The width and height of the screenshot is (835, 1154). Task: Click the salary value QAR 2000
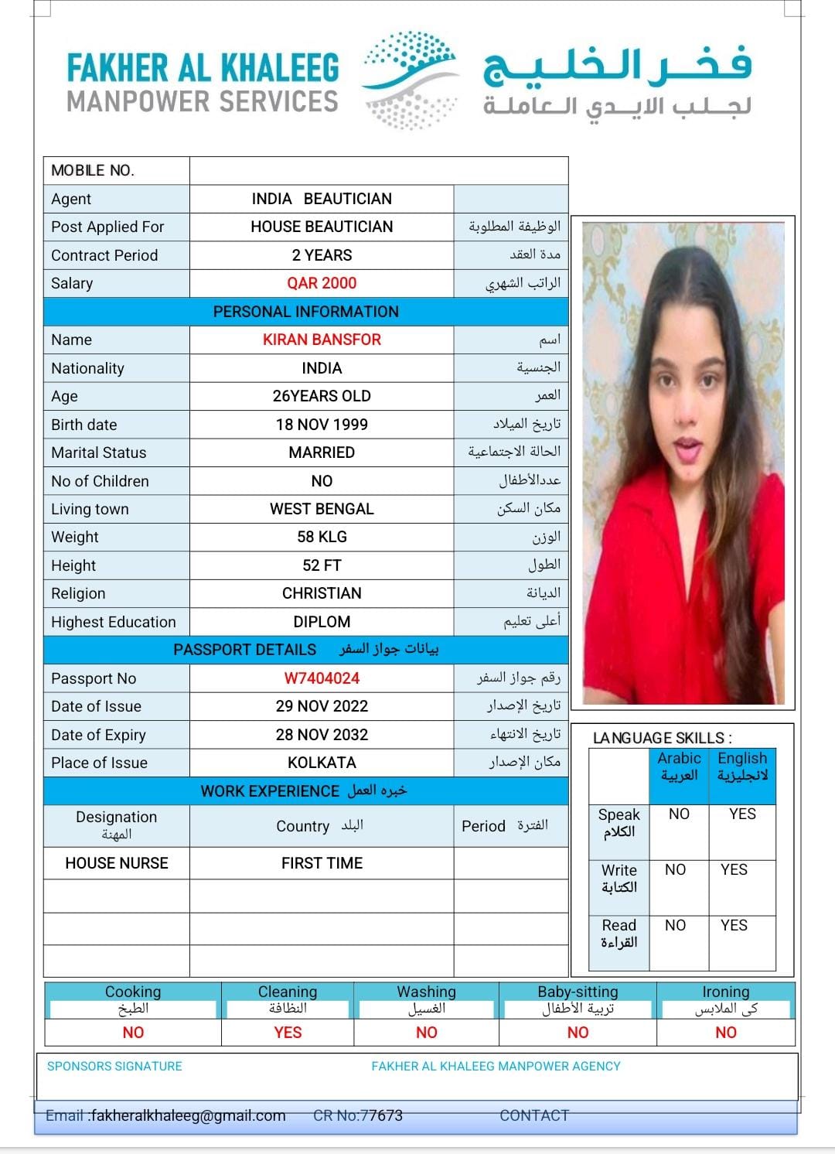[x=322, y=283]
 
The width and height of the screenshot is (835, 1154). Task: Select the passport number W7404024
[x=322, y=678]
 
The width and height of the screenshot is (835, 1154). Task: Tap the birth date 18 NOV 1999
[x=322, y=425]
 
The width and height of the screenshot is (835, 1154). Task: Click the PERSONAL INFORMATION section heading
[x=306, y=312]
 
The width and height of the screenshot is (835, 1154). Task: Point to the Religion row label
[x=78, y=593]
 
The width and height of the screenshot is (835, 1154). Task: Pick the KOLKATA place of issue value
[x=322, y=763]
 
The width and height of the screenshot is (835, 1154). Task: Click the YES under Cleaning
[x=288, y=1033]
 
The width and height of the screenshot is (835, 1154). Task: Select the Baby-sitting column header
[x=578, y=992]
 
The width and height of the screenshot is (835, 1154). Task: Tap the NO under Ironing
[x=725, y=1033]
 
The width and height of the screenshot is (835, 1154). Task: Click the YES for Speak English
[x=742, y=814]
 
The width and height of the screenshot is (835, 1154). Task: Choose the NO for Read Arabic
[x=675, y=925]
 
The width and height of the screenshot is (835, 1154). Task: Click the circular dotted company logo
[x=411, y=79]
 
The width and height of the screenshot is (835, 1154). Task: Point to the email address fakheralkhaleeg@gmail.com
[x=188, y=1115]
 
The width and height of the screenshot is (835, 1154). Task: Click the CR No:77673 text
[x=358, y=1115]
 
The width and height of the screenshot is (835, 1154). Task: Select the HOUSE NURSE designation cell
[x=117, y=863]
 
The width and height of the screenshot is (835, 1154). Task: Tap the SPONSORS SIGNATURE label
[x=114, y=1066]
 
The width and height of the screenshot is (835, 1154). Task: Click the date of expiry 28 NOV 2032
[x=322, y=735]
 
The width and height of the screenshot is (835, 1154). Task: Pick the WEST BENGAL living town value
[x=322, y=509]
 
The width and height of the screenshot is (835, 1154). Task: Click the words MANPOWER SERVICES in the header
[x=203, y=101]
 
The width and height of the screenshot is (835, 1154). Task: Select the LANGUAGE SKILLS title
[x=662, y=738]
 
